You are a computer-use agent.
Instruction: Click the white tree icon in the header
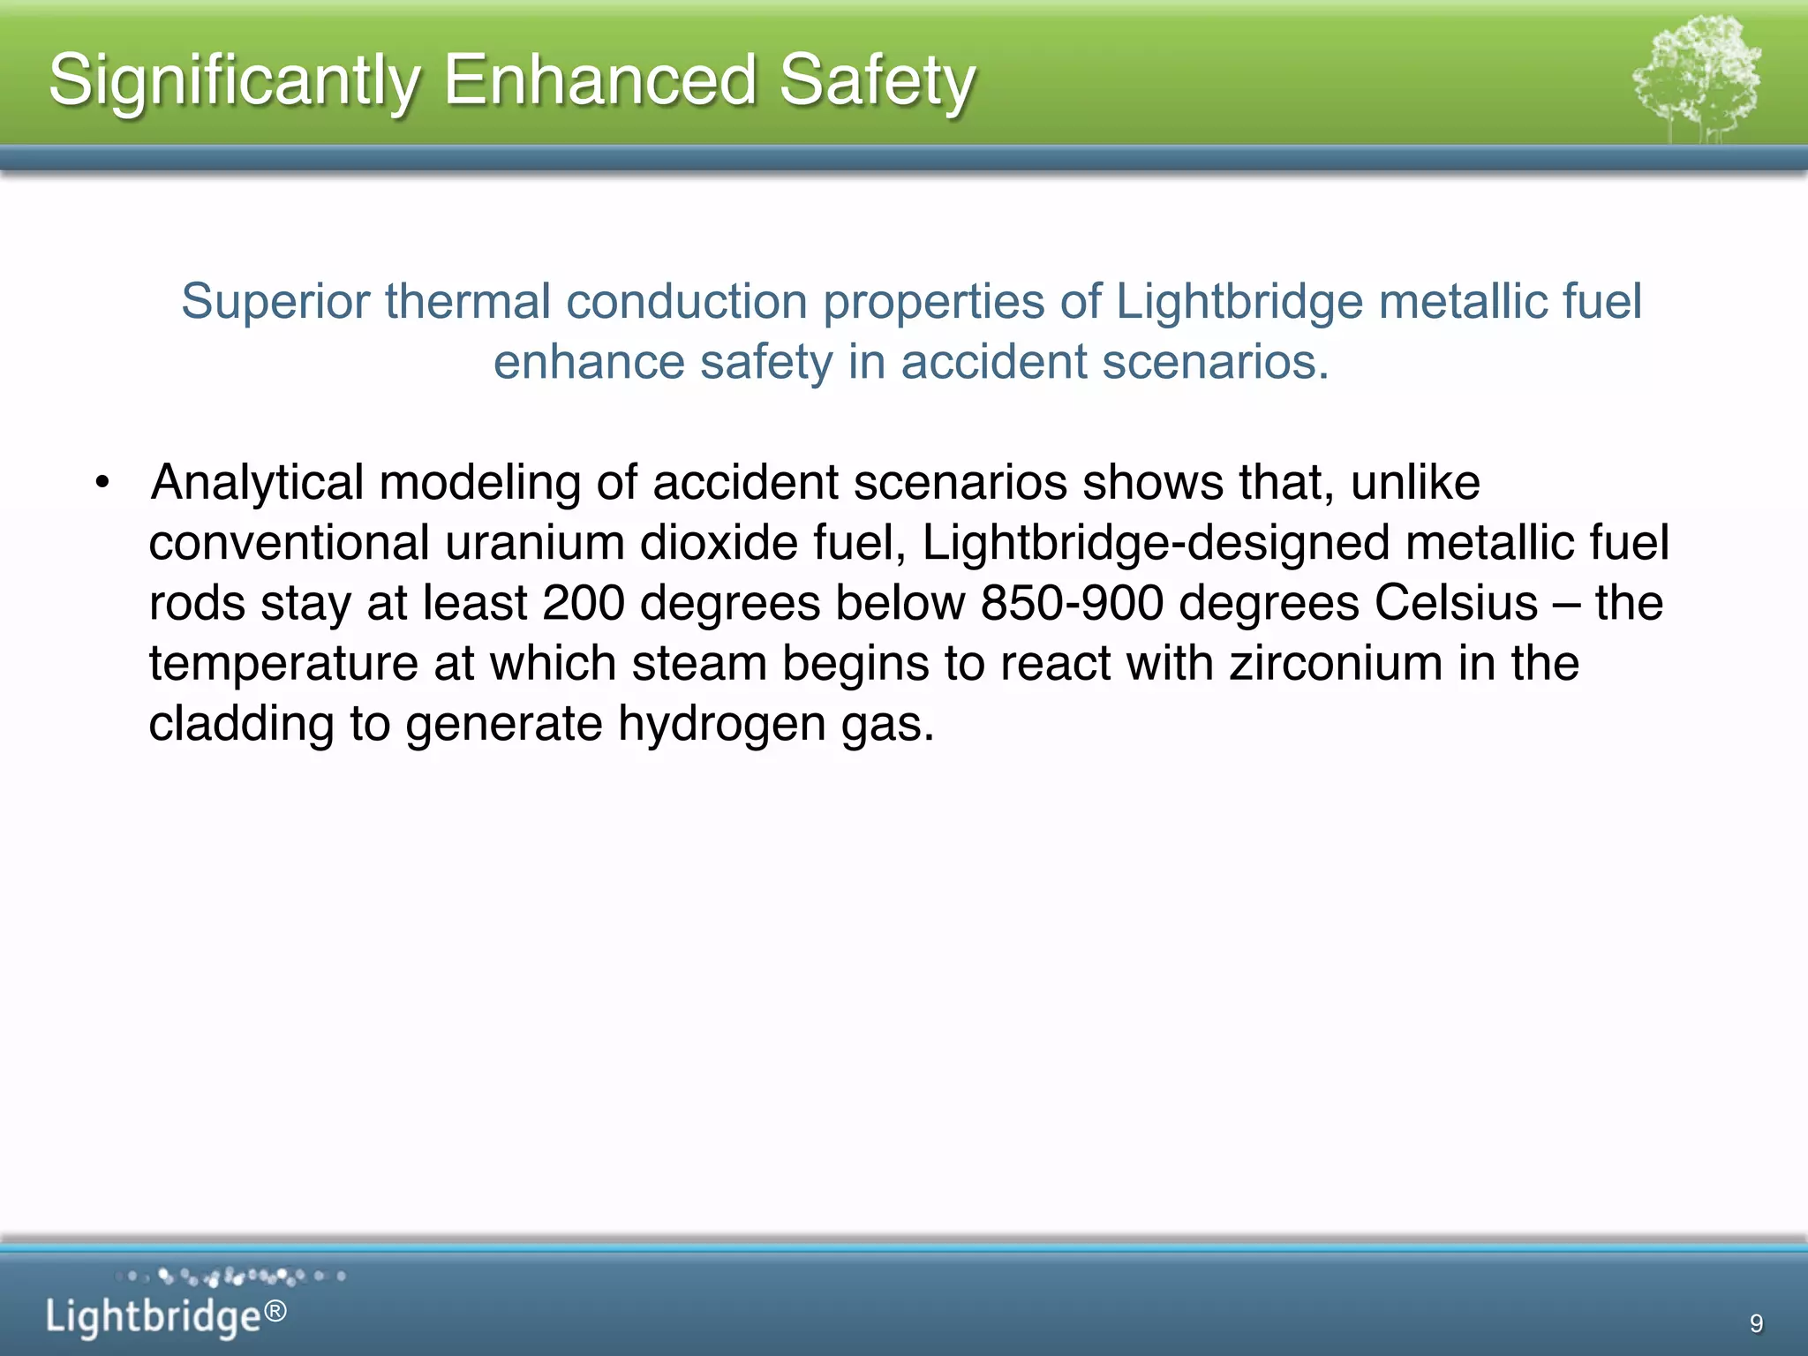tap(1696, 79)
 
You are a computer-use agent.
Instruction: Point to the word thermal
tap(468, 301)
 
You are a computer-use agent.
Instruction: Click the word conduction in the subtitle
tap(687, 301)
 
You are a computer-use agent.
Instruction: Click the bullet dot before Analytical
tap(103, 483)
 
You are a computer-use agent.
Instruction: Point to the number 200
tap(584, 603)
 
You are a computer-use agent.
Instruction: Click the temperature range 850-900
tap(1072, 603)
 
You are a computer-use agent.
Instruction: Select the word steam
tap(699, 664)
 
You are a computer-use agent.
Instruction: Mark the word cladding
tap(241, 724)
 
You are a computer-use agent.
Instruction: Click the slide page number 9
tap(1756, 1322)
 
